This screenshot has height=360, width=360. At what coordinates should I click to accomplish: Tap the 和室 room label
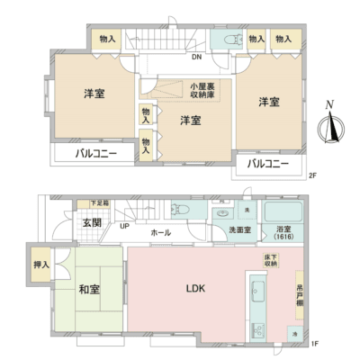[88, 290]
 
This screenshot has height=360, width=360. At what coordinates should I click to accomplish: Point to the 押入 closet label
[40, 266]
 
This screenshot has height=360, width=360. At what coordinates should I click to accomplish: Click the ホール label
[160, 232]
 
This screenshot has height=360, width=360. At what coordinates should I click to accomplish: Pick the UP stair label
[124, 226]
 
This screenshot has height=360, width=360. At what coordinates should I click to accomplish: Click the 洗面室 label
[238, 231]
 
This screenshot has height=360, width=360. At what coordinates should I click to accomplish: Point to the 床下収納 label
[269, 262]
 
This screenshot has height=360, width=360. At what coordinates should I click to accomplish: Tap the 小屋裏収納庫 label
[201, 90]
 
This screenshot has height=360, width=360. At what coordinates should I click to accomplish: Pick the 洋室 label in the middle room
[189, 120]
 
